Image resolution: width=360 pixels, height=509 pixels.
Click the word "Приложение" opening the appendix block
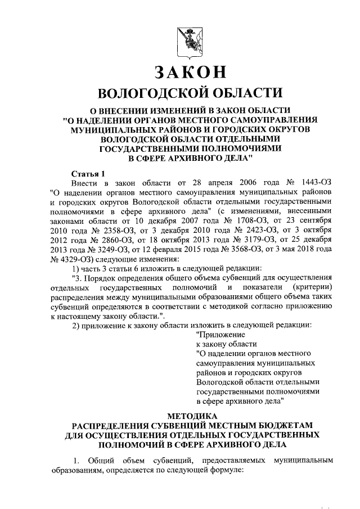coord(218,334)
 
